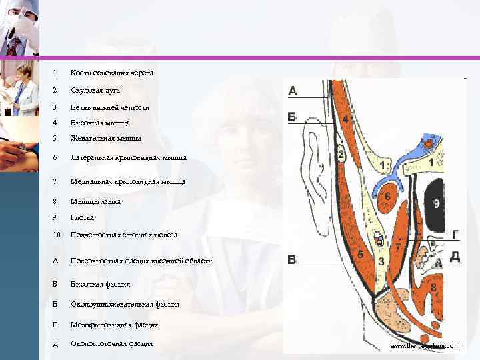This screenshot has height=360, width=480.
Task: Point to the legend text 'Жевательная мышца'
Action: (106, 139)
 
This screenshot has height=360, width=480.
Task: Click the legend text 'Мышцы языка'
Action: (95, 201)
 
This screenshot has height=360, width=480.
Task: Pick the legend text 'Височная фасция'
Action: (100, 284)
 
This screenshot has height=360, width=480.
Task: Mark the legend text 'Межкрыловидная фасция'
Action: (114, 325)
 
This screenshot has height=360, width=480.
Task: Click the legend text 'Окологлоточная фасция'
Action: (111, 343)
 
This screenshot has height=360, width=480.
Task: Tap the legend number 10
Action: (57, 235)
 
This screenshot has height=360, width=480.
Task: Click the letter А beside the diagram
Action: (293, 91)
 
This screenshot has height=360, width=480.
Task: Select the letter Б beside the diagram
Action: (293, 117)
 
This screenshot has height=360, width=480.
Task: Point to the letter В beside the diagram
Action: (293, 259)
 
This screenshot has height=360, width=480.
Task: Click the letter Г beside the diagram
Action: (455, 234)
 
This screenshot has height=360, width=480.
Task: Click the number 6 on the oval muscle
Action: (388, 197)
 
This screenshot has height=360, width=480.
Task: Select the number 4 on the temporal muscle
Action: (345, 119)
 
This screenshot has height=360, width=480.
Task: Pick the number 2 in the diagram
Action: (341, 155)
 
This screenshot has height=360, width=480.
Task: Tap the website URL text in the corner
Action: (425, 346)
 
